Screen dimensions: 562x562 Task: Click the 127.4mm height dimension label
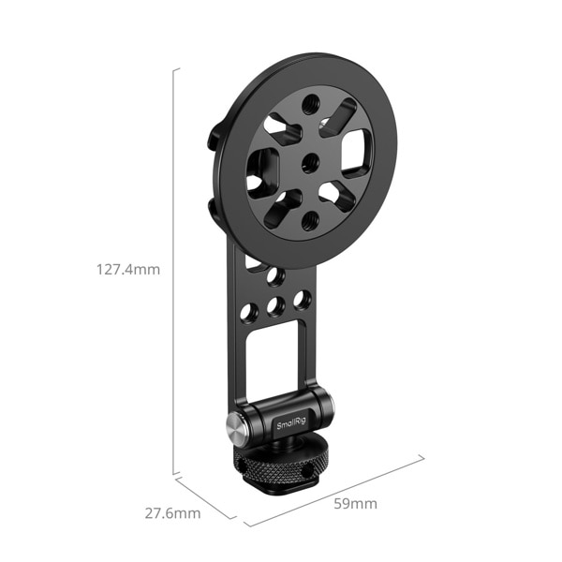(x=128, y=269)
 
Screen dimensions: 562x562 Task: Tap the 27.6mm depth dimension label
(x=172, y=513)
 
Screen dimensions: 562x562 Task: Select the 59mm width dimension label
(x=356, y=504)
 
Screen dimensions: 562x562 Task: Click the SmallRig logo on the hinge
(x=291, y=423)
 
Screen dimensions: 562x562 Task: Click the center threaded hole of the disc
(x=310, y=163)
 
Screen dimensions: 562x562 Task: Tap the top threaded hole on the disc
(x=310, y=104)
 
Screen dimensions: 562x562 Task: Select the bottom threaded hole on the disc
(x=310, y=221)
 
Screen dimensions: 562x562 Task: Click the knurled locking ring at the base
(x=275, y=464)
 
